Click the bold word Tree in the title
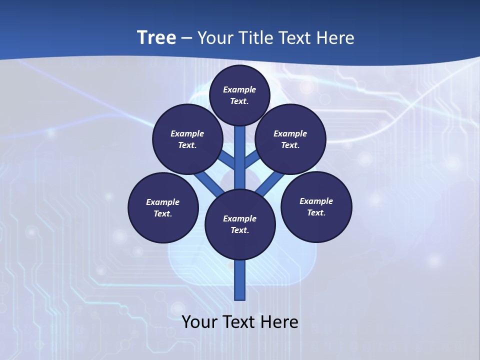(156, 37)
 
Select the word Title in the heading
(255, 37)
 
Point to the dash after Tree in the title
(186, 38)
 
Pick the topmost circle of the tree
(239, 95)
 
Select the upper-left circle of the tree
(187, 139)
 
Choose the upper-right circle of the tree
(290, 139)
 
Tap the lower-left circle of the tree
(163, 207)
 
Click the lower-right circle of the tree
(316, 206)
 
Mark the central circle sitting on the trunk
(240, 224)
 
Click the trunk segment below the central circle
(240, 280)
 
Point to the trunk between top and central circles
(240, 157)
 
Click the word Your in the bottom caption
(199, 322)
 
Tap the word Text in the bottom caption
(240, 322)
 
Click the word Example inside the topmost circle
(239, 89)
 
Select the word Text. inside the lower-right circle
(316, 212)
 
